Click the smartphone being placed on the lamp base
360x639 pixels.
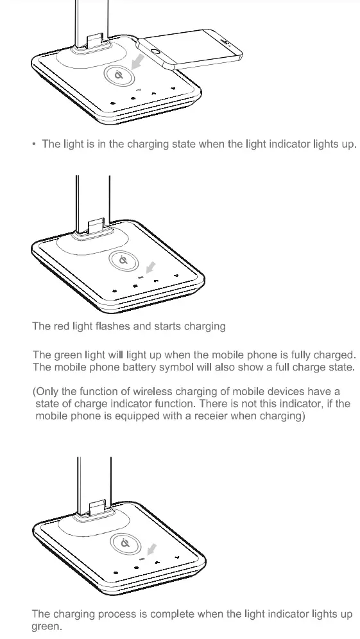[x=193, y=48]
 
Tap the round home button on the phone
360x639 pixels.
[x=155, y=50]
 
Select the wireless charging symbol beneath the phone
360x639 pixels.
[x=119, y=76]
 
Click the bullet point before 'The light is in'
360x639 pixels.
[x=33, y=144]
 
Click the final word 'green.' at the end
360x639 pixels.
[x=47, y=627]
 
